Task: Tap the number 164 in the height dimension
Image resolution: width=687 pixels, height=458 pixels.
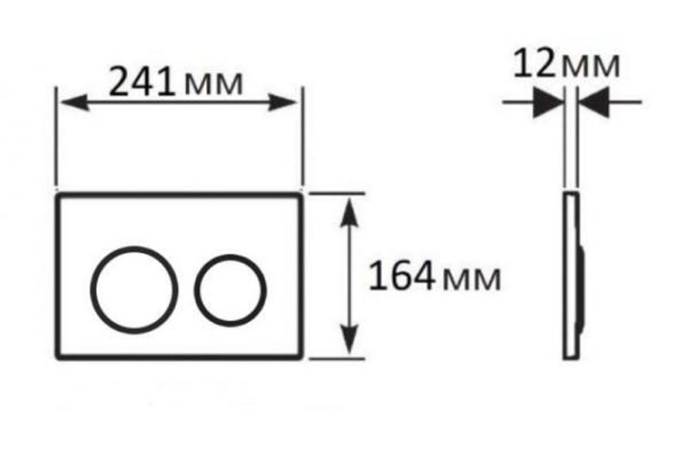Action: (x=402, y=277)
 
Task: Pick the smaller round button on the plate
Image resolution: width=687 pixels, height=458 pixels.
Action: (x=230, y=288)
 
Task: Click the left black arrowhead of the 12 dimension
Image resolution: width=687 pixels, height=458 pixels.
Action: (x=548, y=103)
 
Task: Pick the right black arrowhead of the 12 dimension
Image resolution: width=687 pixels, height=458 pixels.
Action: (x=594, y=103)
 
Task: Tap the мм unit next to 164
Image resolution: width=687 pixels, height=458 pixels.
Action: (x=471, y=279)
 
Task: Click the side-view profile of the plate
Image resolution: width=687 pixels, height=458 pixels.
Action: (x=570, y=275)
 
